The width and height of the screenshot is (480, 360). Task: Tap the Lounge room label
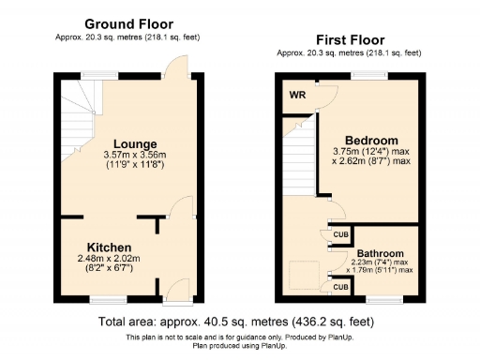click(136, 143)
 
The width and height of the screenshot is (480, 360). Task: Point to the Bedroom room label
click(371, 141)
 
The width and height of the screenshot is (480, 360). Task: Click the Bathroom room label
click(380, 253)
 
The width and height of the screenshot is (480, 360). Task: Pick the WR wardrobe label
click(295, 95)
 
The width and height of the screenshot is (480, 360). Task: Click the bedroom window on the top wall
click(366, 75)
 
